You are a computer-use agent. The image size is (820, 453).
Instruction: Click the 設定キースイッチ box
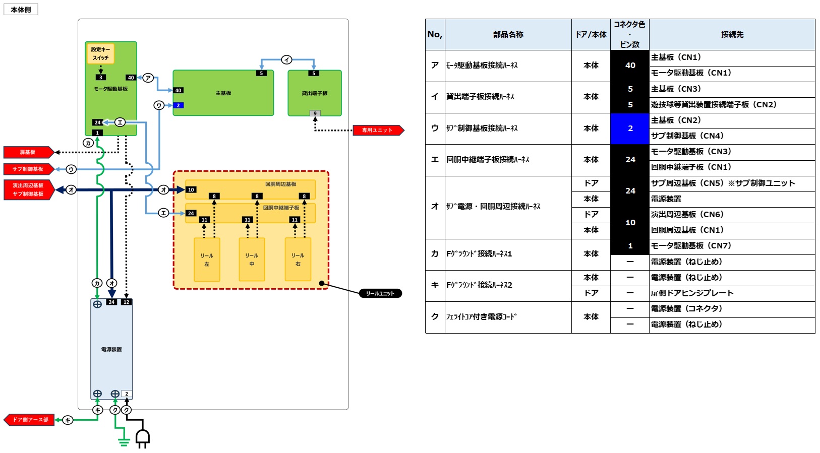pyautogui.click(x=100, y=53)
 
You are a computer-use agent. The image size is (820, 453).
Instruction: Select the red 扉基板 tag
pyautogui.click(x=29, y=152)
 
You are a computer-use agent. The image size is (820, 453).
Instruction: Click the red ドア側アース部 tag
pyautogui.click(x=29, y=420)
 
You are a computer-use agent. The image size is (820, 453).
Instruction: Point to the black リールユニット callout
pyautogui.click(x=380, y=293)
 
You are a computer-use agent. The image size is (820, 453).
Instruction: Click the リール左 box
pyautogui.click(x=207, y=260)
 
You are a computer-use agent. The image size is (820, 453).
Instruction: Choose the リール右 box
pyautogui.click(x=298, y=260)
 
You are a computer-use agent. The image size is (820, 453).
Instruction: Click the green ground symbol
pyautogui.click(x=124, y=442)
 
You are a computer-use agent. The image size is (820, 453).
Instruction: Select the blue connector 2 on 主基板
pyautogui.click(x=179, y=105)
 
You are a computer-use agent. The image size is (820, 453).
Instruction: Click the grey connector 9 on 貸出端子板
pyautogui.click(x=315, y=113)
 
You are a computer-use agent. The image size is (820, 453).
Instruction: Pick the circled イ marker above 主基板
pyautogui.click(x=286, y=59)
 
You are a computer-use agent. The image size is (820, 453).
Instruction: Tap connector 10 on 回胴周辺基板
pyautogui.click(x=191, y=189)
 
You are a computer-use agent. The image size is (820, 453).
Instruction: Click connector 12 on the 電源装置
pyautogui.click(x=126, y=302)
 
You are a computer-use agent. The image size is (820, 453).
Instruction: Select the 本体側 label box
pyautogui.click(x=21, y=10)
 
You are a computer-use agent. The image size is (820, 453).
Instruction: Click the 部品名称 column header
pyautogui.click(x=508, y=34)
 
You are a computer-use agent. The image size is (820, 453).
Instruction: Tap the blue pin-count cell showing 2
pyautogui.click(x=630, y=128)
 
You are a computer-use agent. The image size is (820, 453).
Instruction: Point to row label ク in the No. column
pyautogui.click(x=435, y=317)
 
